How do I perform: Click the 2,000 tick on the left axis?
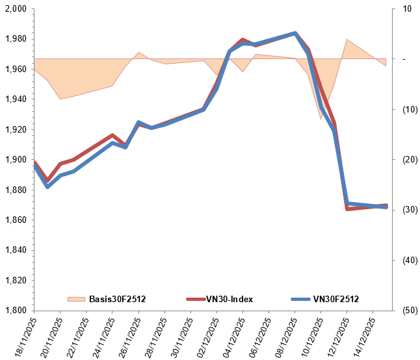click(14, 9)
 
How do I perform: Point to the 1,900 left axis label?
click(14, 160)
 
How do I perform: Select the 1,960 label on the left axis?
click(14, 70)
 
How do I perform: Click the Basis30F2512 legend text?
click(117, 299)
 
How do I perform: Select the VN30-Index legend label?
click(230, 299)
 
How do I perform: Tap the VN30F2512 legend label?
click(336, 299)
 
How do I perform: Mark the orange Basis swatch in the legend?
click(76, 299)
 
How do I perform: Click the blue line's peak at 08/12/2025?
click(295, 33)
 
